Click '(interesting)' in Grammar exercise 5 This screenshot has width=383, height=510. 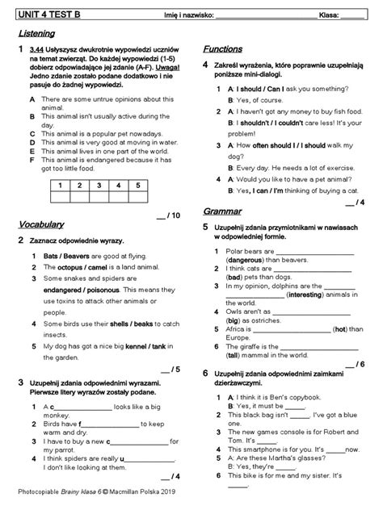coord(285,295)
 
